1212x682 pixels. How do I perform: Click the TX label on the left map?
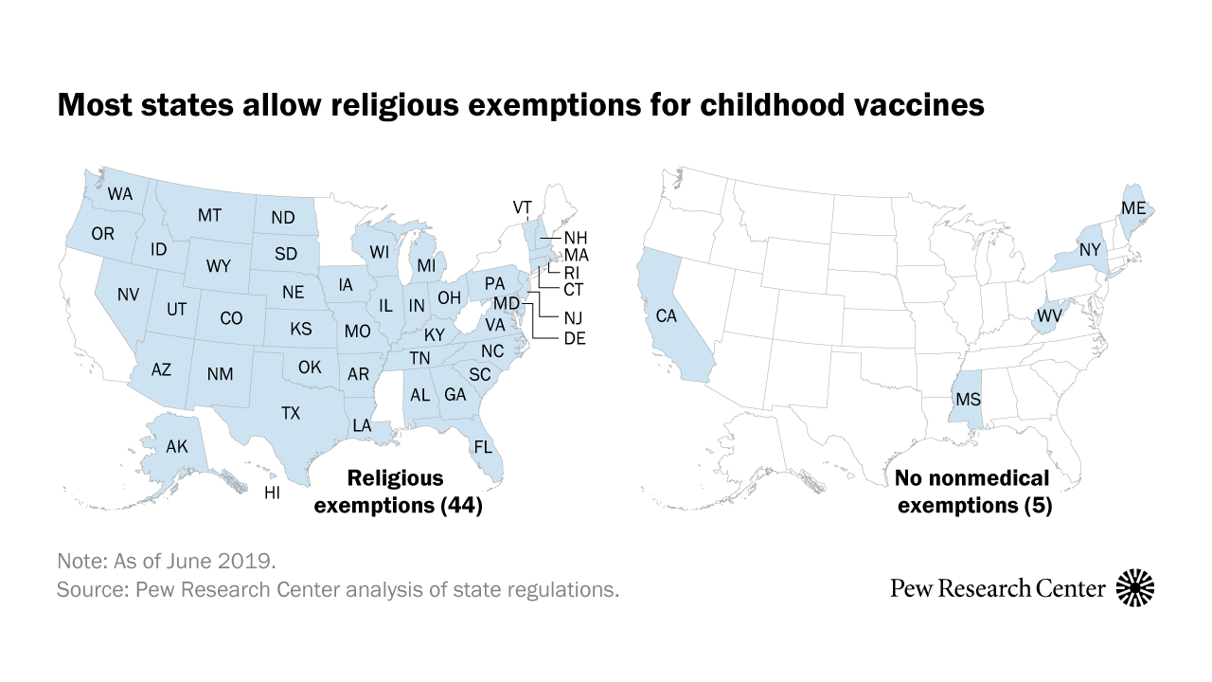pyautogui.click(x=291, y=413)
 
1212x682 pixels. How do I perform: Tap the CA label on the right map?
pyautogui.click(x=667, y=315)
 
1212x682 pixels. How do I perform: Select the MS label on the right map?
pyautogui.click(x=968, y=399)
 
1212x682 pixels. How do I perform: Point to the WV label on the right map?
pyautogui.click(x=1050, y=314)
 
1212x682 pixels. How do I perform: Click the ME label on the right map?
pyautogui.click(x=1133, y=207)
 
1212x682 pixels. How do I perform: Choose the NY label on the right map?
pyautogui.click(x=1091, y=251)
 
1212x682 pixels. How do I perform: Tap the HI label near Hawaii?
pyautogui.click(x=272, y=493)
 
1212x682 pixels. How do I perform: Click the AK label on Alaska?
pyautogui.click(x=177, y=446)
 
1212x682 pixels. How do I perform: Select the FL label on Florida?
pyautogui.click(x=483, y=446)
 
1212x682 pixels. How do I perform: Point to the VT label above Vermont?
pyautogui.click(x=523, y=206)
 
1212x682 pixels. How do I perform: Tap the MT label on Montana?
pyautogui.click(x=209, y=216)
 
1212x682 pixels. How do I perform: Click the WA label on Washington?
pyautogui.click(x=120, y=194)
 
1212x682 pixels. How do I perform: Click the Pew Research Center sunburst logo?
pyautogui.click(x=1136, y=588)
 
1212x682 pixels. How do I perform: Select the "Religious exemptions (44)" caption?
pyautogui.click(x=399, y=493)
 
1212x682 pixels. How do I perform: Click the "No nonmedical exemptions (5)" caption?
pyautogui.click(x=974, y=493)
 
